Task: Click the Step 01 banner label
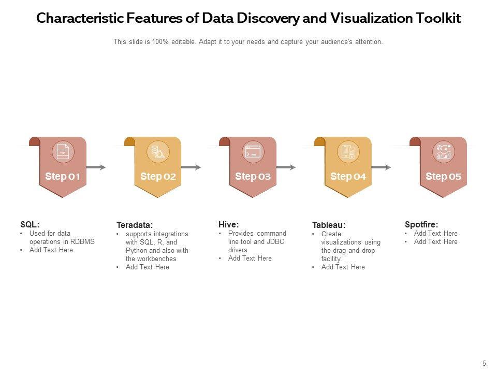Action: click(63, 177)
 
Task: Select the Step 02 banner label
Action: click(158, 177)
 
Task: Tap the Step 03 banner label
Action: click(253, 177)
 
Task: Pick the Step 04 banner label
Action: click(348, 177)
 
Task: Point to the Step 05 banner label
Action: click(443, 177)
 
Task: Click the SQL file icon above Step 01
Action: click(63, 152)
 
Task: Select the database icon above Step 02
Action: click(158, 152)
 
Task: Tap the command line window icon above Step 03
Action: click(253, 152)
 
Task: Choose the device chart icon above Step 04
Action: click(348, 152)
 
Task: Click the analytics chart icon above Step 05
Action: click(444, 152)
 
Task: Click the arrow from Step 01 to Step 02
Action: click(96, 167)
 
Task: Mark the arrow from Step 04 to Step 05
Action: click(382, 167)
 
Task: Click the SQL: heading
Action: click(30, 224)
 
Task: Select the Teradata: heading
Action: click(135, 225)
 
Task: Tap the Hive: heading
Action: click(228, 224)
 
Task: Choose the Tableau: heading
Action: click(329, 225)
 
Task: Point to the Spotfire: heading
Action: click(421, 224)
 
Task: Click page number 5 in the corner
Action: click(485, 364)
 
